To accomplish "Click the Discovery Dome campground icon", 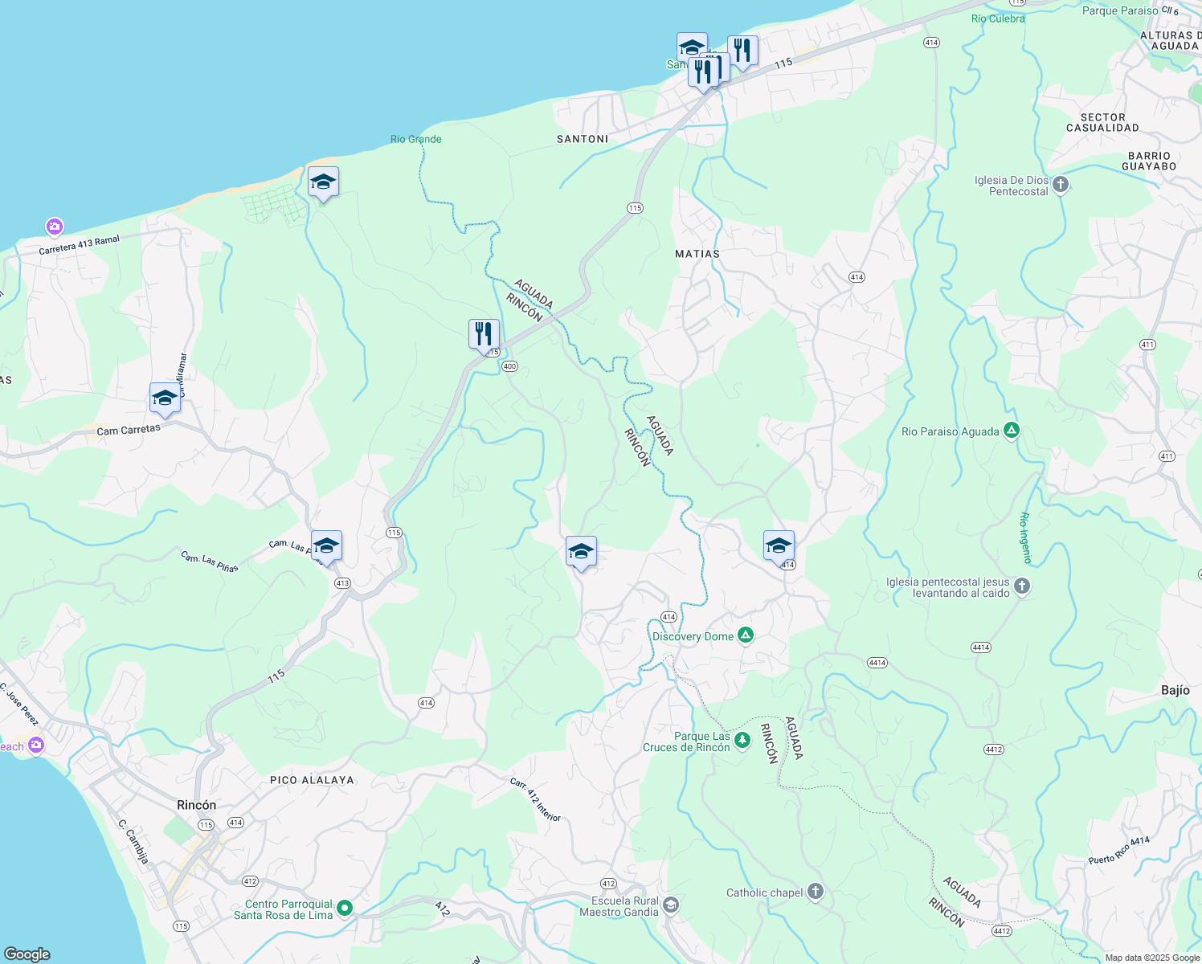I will pyautogui.click(x=746, y=635).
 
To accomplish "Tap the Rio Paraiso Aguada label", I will pyautogui.click(x=950, y=431).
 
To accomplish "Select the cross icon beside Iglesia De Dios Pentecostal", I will pyautogui.click(x=1061, y=185).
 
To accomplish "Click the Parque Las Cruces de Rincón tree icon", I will pyautogui.click(x=742, y=740).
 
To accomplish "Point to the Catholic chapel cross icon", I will pyautogui.click(x=816, y=892).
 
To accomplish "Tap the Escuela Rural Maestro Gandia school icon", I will pyautogui.click(x=671, y=905).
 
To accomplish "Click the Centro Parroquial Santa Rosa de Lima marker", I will pyautogui.click(x=345, y=908).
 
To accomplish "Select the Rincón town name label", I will pyautogui.click(x=196, y=805).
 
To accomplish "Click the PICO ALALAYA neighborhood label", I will pyautogui.click(x=312, y=780).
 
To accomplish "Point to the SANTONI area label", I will pyautogui.click(x=583, y=139).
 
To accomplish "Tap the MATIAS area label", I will pyautogui.click(x=697, y=254).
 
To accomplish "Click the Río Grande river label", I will pyautogui.click(x=416, y=139).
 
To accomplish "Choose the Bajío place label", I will pyautogui.click(x=1175, y=690).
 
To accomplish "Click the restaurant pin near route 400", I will pyautogui.click(x=484, y=333).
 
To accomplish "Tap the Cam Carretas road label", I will pyautogui.click(x=129, y=430).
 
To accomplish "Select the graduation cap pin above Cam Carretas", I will pyautogui.click(x=165, y=398).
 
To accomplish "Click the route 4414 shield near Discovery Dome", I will pyautogui.click(x=877, y=663).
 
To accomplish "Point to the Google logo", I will pyautogui.click(x=27, y=954).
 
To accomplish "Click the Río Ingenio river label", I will pyautogui.click(x=1025, y=538).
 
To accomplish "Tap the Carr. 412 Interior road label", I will pyautogui.click(x=535, y=799).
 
